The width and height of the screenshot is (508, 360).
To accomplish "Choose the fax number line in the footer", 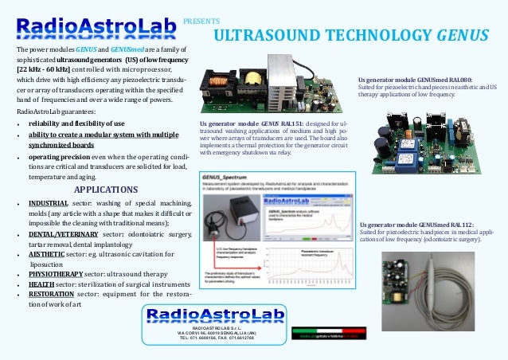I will click(x=205, y=337).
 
